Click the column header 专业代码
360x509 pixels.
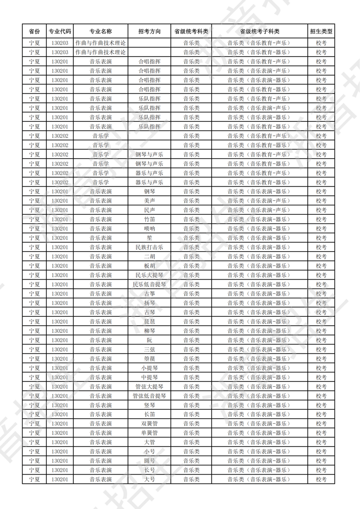60,31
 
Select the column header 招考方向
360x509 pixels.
149,31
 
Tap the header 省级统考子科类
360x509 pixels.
260,31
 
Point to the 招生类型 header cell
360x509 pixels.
321,31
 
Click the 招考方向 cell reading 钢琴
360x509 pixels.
149,191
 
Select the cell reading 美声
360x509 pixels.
149,201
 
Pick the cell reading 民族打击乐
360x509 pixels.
149,247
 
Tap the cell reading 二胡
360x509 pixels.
149,256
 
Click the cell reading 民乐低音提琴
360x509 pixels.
149,284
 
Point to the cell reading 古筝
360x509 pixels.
149,293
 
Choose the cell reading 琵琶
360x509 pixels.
149,321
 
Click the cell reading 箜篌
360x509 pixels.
149,359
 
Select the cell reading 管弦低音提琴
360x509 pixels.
149,396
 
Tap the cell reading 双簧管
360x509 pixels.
149,424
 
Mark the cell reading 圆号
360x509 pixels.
149,461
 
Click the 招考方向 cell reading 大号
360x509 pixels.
149,479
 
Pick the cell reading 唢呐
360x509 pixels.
149,229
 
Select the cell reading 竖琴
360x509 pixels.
149,405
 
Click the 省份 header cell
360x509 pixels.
34,31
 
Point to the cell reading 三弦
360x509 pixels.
149,349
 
